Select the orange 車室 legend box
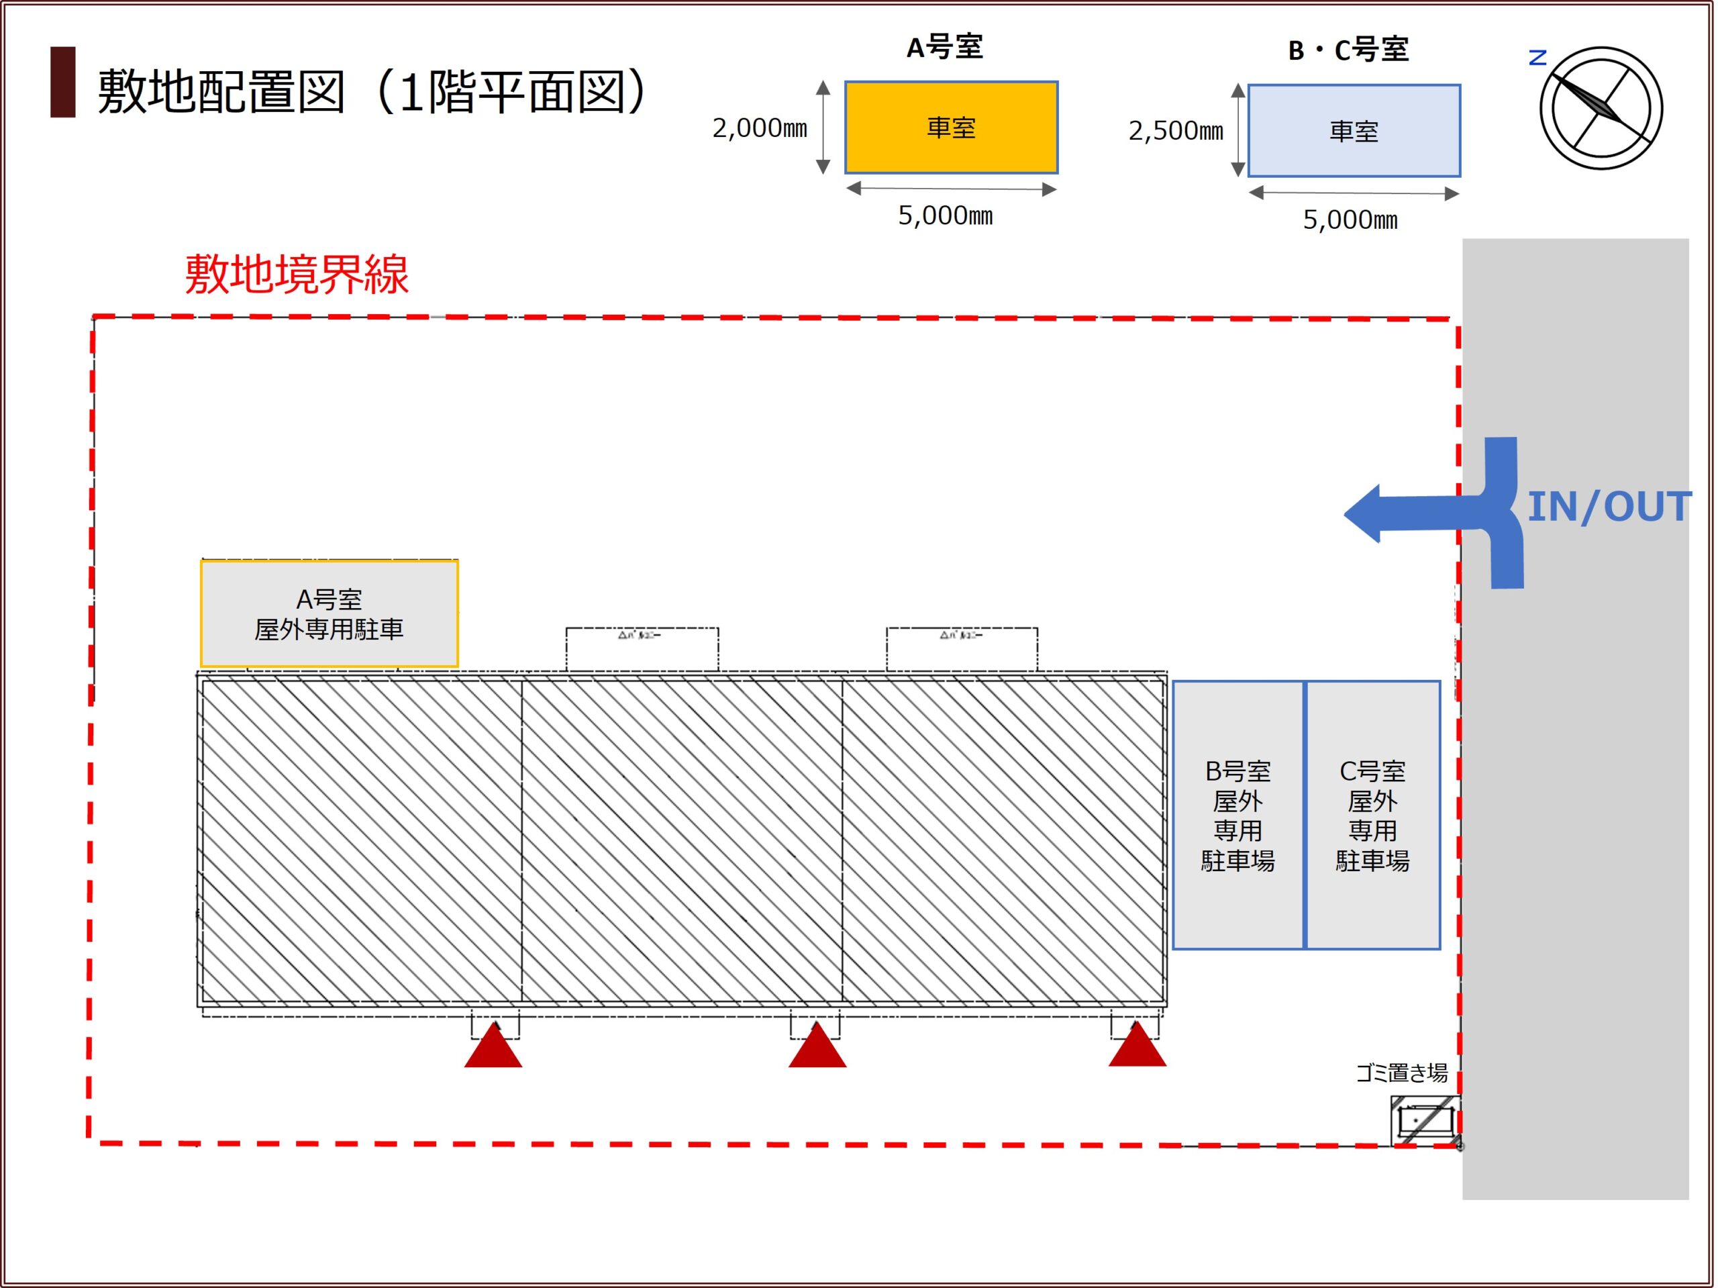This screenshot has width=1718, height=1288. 951,128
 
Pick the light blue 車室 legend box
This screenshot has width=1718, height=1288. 1353,130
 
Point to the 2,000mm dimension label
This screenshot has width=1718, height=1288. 759,128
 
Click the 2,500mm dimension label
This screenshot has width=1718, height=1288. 1175,130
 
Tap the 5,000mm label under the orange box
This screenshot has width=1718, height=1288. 945,215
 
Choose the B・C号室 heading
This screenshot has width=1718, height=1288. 1348,50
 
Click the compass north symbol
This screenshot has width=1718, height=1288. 1601,108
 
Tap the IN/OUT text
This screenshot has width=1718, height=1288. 1609,507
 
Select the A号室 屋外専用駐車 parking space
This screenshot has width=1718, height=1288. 329,613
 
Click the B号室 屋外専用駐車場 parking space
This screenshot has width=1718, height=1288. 1237,815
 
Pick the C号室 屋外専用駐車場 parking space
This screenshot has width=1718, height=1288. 1372,815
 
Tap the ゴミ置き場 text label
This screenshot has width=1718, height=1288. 1401,1073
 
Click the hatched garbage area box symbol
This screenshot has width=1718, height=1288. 1425,1120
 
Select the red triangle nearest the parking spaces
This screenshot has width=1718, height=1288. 1136,1046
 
